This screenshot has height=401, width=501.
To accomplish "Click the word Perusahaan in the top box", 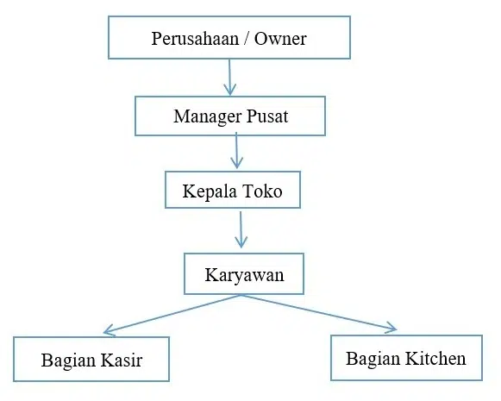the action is click(195, 39).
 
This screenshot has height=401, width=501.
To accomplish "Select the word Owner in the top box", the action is click(280, 39).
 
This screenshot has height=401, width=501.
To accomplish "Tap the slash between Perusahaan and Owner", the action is click(247, 39).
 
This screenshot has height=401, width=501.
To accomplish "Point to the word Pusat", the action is click(267, 116).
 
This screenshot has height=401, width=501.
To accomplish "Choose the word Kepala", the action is click(210, 191).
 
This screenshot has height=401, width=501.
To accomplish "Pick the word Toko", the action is click(262, 191).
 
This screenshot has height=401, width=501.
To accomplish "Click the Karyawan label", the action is click(244, 275).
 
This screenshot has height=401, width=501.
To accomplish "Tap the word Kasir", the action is click(121, 360).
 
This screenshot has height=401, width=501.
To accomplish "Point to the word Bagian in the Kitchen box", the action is click(373, 359).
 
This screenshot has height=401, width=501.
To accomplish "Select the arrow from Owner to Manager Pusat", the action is click(229, 77).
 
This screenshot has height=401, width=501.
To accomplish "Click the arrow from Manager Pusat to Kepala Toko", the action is click(236, 151).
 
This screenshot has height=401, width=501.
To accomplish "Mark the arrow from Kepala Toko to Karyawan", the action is click(241, 229).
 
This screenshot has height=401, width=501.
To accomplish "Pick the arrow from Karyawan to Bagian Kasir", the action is click(172, 314).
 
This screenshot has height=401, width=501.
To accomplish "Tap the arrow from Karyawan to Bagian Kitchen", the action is click(319, 313).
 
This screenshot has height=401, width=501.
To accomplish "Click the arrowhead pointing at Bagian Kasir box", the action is click(109, 330).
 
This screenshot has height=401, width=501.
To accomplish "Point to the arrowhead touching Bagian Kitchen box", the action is click(391, 328).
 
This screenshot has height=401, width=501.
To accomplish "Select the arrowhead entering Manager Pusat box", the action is click(230, 90).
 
